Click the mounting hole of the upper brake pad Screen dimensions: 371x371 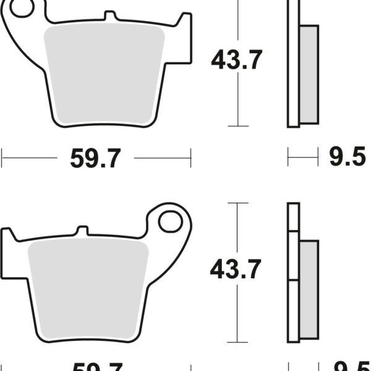click(x=21, y=9)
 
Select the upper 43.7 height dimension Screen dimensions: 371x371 click(x=237, y=60)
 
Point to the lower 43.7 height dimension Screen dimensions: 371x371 click(x=236, y=269)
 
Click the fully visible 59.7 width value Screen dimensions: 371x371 click(x=95, y=159)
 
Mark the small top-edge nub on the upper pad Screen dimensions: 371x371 click(x=109, y=15)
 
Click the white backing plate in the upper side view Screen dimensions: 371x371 click(x=294, y=62)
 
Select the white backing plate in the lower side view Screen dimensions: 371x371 click(x=292, y=272)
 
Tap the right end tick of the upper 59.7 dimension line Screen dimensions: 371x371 click(x=190, y=158)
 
